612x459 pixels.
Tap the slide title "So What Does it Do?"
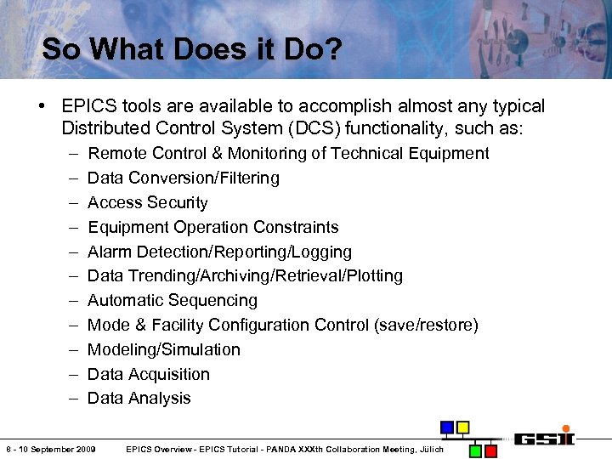coord(192,48)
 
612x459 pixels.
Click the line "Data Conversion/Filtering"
coord(184,178)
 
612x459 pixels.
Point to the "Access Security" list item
coord(148,202)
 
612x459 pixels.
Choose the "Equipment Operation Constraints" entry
coord(213,227)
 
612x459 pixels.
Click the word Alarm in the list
coord(110,252)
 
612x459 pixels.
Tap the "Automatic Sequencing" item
coord(173,300)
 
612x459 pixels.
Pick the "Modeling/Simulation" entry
coord(164,349)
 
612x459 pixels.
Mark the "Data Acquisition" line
coord(149,374)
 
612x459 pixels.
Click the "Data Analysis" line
coord(139,398)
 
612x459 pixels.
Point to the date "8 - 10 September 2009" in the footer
coord(50,449)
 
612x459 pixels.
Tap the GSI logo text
coord(545,439)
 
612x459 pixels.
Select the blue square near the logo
coord(446,428)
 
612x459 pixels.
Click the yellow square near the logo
coord(462,428)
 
